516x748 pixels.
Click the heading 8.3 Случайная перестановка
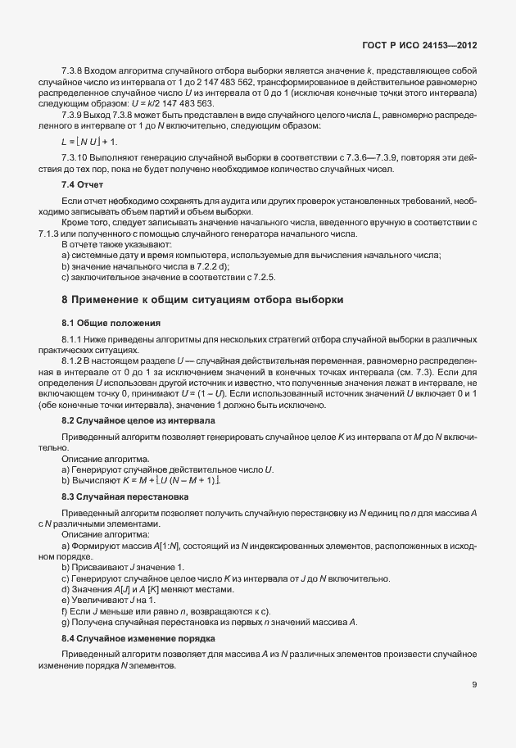[x=120, y=495]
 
